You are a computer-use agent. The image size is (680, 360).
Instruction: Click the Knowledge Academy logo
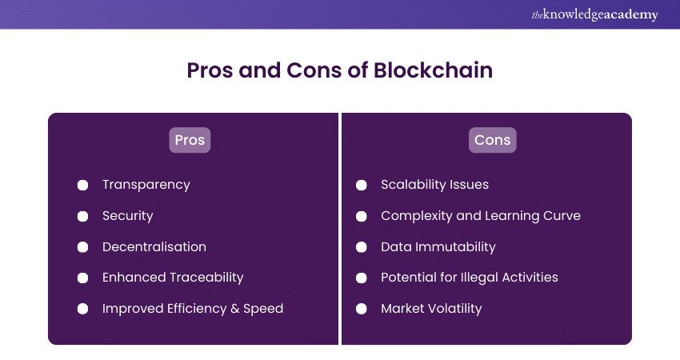coord(594,14)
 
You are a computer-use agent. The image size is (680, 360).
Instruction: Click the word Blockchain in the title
coord(433,70)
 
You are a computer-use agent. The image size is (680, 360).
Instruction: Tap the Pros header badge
coord(190,140)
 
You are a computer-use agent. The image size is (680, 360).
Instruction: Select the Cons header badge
coord(493,140)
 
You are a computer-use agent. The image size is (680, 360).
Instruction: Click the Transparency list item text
coord(146,186)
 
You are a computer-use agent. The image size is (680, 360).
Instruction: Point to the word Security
coord(127,216)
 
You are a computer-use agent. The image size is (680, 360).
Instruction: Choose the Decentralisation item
coord(154,246)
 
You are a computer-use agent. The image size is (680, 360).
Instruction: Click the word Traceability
coord(206,278)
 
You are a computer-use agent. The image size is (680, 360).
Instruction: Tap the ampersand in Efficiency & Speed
coord(235,309)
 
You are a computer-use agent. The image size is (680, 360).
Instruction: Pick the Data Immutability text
coord(438,247)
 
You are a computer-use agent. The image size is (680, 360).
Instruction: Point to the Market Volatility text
coord(431,309)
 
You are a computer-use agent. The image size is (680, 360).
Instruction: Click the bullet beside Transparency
coord(82,186)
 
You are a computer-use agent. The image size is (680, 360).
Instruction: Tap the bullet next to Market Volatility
coord(362,309)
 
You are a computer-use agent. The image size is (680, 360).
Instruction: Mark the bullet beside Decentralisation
coord(82,246)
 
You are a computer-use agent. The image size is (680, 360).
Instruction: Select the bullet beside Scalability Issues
coord(362,186)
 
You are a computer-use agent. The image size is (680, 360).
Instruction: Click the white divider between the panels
coord(340,229)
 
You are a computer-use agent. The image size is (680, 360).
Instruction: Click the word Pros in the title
coord(210,70)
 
